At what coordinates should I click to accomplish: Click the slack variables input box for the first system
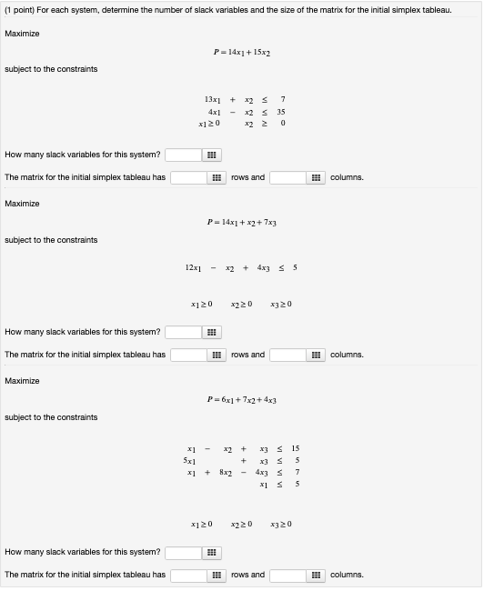click(x=182, y=155)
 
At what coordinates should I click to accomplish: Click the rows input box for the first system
click(x=187, y=177)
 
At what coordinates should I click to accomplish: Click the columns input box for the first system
click(x=287, y=177)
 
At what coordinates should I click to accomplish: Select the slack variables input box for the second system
click(x=182, y=332)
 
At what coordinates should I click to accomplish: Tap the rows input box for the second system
click(x=187, y=355)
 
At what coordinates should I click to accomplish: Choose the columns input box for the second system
click(x=287, y=355)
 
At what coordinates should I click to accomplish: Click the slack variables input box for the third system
click(x=182, y=552)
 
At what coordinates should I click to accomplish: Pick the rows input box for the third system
click(x=187, y=575)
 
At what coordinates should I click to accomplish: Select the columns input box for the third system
click(x=287, y=575)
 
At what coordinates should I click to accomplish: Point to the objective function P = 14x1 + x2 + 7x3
click(x=241, y=222)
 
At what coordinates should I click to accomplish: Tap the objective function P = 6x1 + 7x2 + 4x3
click(x=241, y=399)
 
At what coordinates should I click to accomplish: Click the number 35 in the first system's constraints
click(x=281, y=110)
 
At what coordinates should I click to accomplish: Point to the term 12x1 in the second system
click(x=193, y=267)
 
